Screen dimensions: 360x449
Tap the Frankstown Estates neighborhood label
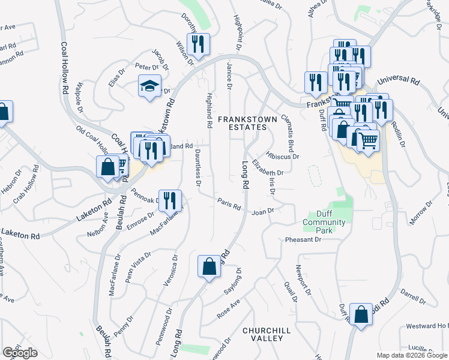(247, 123)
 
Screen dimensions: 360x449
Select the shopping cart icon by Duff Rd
(367, 140)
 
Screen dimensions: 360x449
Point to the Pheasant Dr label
(304, 239)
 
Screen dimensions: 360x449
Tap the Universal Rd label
(398, 79)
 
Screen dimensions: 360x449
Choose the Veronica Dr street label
(169, 271)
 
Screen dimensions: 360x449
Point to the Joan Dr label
(262, 211)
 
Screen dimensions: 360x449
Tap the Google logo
(20, 353)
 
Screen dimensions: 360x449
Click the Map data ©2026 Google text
(411, 355)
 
